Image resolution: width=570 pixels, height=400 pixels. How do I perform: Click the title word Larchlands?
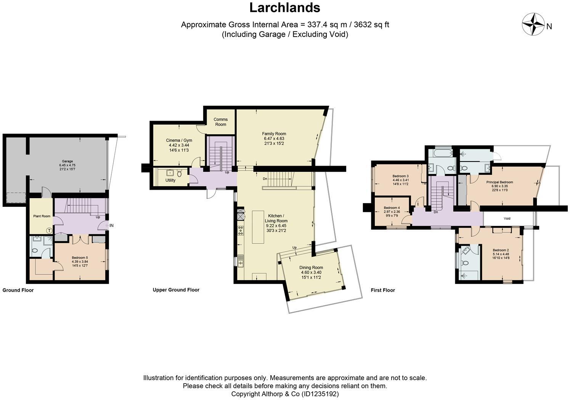[284, 8]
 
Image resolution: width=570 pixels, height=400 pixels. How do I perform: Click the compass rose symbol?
[533, 24]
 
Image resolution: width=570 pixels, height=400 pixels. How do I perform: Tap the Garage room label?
[67, 161]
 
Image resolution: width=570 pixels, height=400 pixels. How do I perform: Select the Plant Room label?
[42, 216]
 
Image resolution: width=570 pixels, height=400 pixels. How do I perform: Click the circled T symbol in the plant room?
[49, 230]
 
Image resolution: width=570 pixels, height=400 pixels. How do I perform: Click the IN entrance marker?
[111, 226]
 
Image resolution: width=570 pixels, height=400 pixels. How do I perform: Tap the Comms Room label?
[220, 122]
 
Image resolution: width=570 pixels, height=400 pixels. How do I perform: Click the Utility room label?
[170, 180]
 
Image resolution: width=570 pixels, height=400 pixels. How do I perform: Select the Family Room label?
[274, 134]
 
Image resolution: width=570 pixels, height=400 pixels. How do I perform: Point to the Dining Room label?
[311, 268]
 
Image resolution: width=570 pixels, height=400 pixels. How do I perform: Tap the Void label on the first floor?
[507, 219]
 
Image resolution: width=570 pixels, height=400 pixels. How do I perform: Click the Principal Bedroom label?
[499, 182]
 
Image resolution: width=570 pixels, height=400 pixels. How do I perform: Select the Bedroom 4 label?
[392, 208]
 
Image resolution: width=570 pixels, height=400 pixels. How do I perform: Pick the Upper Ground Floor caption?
[176, 290]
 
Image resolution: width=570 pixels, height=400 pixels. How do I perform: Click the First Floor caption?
[382, 290]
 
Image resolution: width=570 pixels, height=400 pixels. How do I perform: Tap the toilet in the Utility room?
[179, 174]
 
